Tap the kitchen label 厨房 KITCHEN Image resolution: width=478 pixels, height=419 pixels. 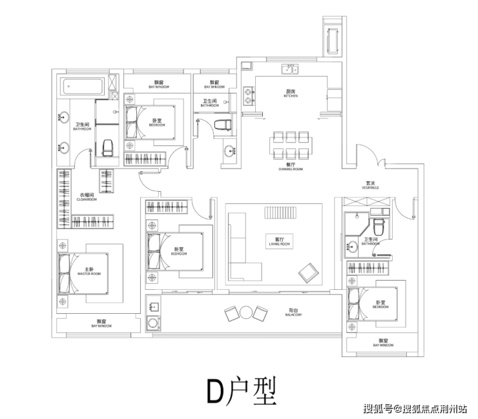[x=291, y=94]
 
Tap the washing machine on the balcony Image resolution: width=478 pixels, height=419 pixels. [x=153, y=323]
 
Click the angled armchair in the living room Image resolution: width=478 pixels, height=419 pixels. [x=309, y=272]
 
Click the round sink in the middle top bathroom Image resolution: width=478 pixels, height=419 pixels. [x=230, y=152]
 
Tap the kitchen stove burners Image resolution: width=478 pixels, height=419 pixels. [x=249, y=96]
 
